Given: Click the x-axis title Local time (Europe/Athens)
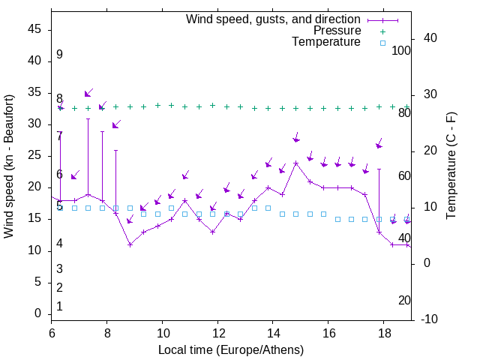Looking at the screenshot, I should [231, 349].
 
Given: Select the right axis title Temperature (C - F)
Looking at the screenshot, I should [451, 166].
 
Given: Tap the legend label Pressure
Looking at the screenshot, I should [337, 31].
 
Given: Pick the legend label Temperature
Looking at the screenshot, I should [326, 42].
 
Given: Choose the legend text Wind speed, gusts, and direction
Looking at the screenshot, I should [273, 19].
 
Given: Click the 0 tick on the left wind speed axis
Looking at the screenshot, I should [40, 313].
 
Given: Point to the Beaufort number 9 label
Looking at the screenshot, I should [59, 55].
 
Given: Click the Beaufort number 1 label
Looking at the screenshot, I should [59, 306].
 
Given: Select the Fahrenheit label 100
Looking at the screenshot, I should [401, 51].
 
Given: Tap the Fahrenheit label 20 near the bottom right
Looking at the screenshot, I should [404, 300].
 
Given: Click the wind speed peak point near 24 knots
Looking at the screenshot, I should [296, 163].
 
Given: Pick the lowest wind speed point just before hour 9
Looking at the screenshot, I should [130, 244].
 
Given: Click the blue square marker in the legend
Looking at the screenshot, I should [382, 43].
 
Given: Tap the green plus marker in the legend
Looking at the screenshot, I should [382, 31].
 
